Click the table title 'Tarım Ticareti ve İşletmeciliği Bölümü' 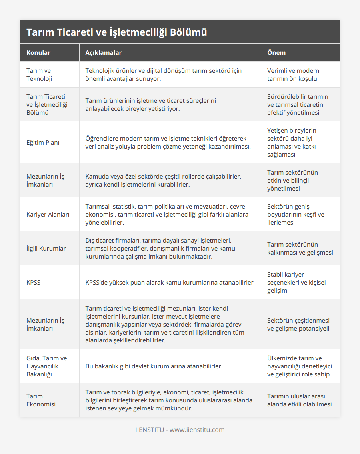pos(117,32)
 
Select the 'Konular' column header pos(38,53)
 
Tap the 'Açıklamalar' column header pos(104,53)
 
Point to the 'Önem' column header pos(276,53)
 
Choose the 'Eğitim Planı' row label pos(43,143)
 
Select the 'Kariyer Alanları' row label pos(48,215)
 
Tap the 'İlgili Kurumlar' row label pos(46,249)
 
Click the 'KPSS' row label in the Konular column pos(34,283)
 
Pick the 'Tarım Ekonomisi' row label pos(41,400)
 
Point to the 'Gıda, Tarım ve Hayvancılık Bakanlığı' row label pos(47,366)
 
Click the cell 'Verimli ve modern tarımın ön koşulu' pos(293,75)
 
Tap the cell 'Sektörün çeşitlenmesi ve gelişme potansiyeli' pos(298,325)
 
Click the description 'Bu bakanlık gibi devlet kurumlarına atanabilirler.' pos(154,366)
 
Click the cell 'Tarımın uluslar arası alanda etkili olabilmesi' pos(299,400)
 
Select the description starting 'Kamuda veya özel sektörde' pos(163,181)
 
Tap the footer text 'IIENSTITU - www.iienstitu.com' pos(180,430)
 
